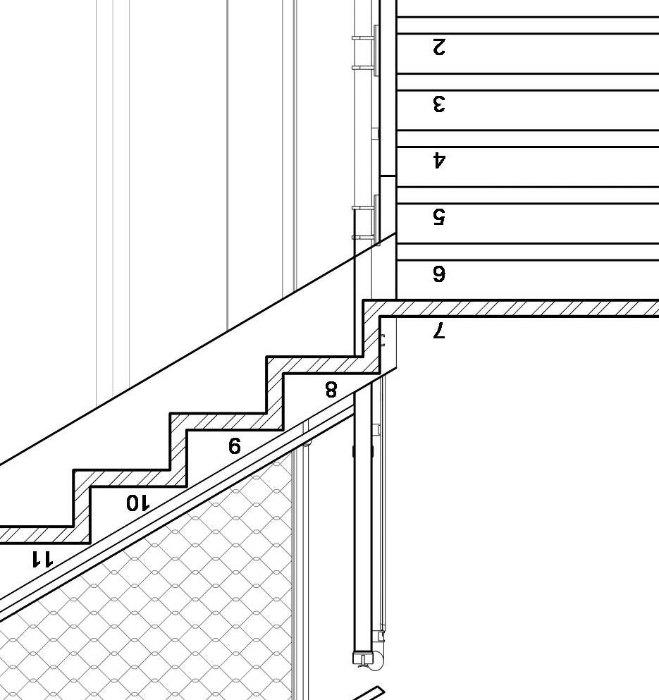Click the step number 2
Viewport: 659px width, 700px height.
438,47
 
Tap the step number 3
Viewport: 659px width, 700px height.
438,104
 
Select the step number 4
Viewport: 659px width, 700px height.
439,161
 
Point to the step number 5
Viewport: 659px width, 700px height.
438,216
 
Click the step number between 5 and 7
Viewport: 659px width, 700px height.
438,274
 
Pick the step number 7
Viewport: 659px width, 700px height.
438,330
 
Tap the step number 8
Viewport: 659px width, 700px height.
331,389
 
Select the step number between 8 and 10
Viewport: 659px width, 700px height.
235,446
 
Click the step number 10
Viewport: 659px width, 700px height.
138,503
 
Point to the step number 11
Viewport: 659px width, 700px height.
42,559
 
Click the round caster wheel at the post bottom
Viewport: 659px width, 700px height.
376,661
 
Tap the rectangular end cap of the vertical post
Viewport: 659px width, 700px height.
362,658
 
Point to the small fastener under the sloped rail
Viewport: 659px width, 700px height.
307,442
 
